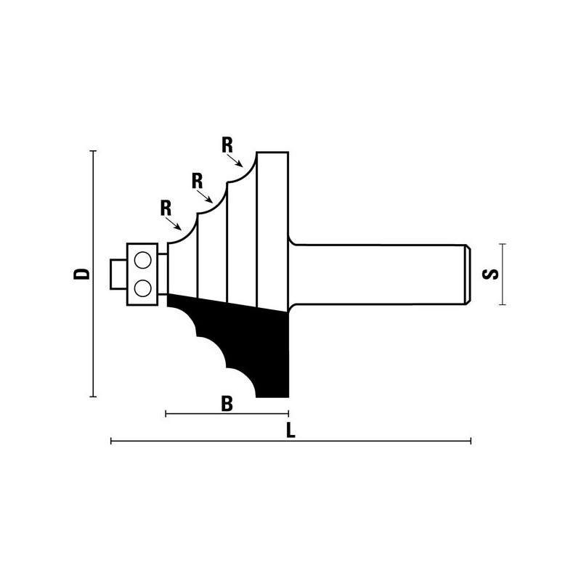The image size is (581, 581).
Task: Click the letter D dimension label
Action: pos(82,274)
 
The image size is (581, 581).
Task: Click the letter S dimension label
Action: pos(490,275)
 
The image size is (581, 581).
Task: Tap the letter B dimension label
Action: pos(227,404)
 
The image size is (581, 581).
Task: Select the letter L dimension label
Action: pos(291,430)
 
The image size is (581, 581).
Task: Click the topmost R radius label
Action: pos(227,145)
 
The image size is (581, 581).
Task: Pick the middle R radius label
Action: pos(197,181)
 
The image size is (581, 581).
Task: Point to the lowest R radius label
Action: pos(166,208)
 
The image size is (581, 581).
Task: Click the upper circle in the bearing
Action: pos(142,260)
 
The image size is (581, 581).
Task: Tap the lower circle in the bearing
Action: pos(142,288)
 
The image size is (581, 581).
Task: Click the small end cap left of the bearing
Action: pos(118,275)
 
